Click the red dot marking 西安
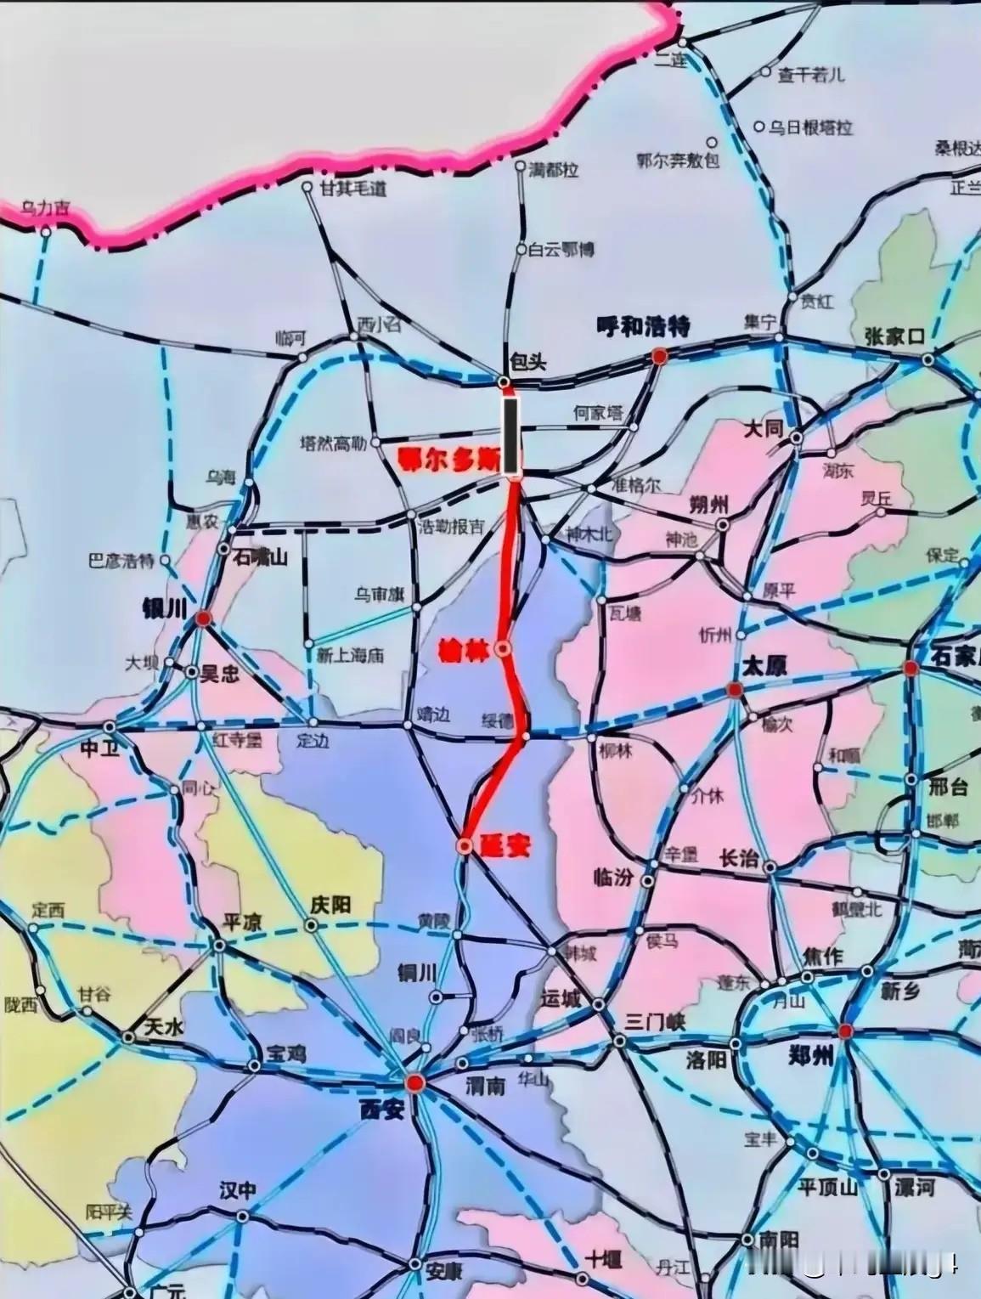point(414,1082)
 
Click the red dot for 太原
point(735,690)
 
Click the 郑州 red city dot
point(845,1031)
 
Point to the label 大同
point(763,428)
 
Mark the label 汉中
point(236,1190)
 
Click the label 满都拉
point(553,171)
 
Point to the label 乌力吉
point(46,207)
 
